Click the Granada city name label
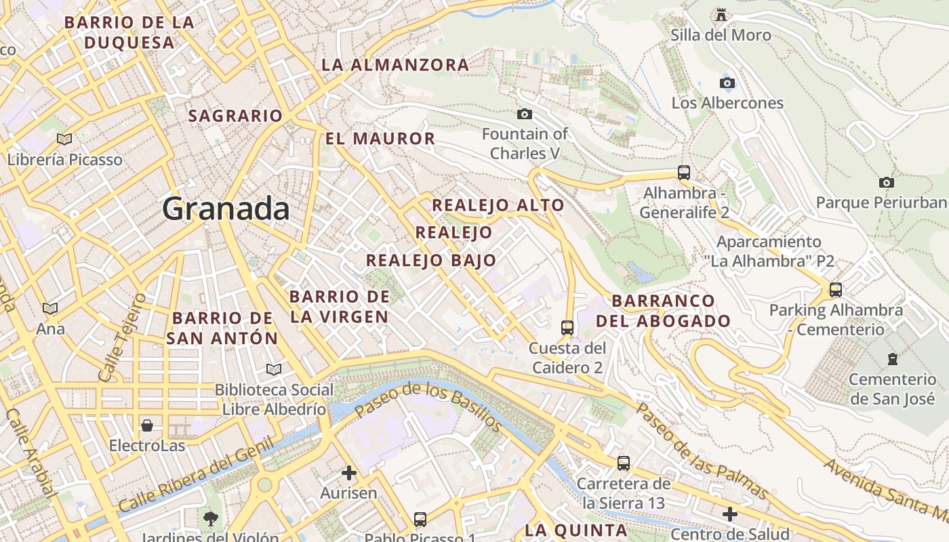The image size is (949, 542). click(226, 209)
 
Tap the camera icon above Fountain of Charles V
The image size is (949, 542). click(524, 114)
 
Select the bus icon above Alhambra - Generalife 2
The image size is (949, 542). click(683, 172)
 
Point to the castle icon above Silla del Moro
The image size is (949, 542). click(721, 14)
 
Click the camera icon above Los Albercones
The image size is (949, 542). click(727, 83)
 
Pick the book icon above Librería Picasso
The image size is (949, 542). click(64, 139)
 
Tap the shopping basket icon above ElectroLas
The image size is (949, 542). click(146, 425)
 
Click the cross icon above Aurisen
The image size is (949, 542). click(348, 472)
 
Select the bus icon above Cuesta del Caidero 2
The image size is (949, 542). click(567, 328)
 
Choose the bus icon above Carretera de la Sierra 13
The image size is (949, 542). click(623, 463)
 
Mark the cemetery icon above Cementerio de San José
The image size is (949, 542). click(892, 358)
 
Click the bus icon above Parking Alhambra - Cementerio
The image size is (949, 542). click(835, 290)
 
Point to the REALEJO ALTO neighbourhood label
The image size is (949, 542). click(498, 205)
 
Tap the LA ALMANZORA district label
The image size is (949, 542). click(395, 65)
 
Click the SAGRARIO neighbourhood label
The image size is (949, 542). click(235, 116)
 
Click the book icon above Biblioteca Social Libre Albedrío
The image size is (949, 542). click(273, 369)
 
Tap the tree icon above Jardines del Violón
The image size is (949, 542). click(210, 519)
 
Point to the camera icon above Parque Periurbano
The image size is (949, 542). click(885, 182)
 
